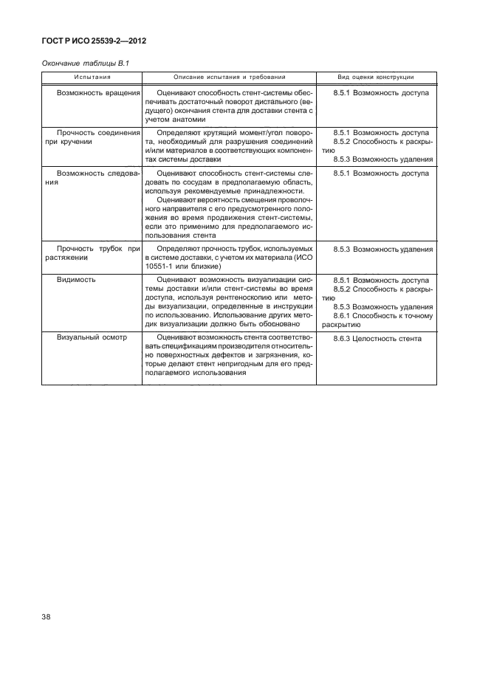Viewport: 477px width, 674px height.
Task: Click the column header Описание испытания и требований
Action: coord(229,77)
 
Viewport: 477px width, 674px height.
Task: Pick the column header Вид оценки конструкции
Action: coord(375,77)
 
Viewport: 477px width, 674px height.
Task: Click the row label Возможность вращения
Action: coord(98,94)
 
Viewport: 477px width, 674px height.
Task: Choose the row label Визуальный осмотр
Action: coord(92,338)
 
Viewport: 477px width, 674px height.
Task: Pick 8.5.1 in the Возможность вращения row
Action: coord(341,94)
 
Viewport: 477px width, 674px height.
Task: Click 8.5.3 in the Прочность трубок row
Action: coord(341,250)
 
